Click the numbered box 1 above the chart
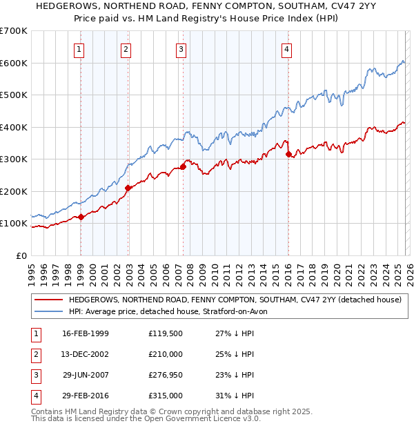click(80, 49)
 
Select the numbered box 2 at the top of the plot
click(126, 49)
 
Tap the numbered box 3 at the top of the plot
click(181, 49)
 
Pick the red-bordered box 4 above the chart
click(286, 49)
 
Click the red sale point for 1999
click(81, 217)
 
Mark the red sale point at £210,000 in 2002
click(128, 188)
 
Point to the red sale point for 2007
click(183, 166)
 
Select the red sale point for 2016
click(288, 154)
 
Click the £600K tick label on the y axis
click(14, 63)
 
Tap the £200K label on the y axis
click(14, 191)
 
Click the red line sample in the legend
click(49, 300)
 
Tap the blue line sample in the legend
click(49, 312)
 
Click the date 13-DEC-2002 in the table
click(86, 354)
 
